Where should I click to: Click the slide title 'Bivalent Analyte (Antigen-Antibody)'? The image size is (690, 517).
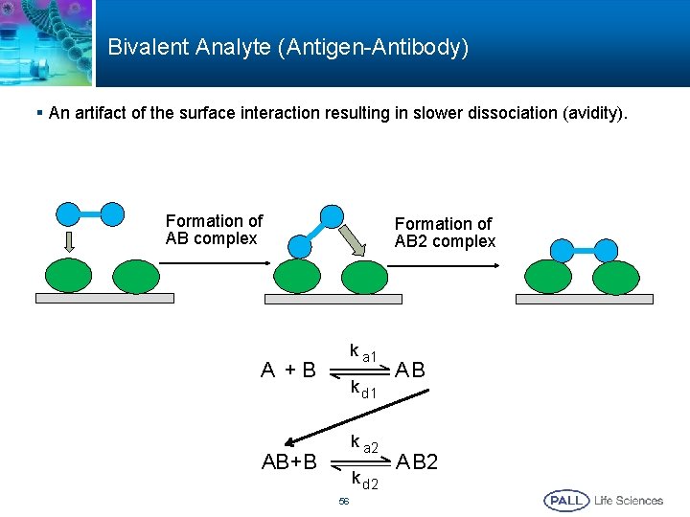[x=287, y=47]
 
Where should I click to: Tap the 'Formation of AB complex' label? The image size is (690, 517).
[x=214, y=230]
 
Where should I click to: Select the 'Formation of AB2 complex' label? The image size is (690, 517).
[x=445, y=233]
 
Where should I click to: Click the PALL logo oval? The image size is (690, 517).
[x=566, y=500]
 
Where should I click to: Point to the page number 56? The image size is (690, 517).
[x=344, y=502]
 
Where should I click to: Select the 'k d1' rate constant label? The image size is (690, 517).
[x=363, y=390]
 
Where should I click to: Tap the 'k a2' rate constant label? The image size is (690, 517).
[x=364, y=444]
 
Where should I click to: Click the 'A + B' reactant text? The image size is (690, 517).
[x=288, y=370]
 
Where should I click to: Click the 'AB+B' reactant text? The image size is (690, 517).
[x=289, y=461]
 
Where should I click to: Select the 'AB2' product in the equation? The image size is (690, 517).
[x=418, y=461]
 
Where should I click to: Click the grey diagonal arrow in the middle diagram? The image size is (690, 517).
[x=354, y=243]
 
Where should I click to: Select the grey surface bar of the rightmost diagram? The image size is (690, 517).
[x=584, y=299]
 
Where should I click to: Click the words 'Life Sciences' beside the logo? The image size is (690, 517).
[x=629, y=500]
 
